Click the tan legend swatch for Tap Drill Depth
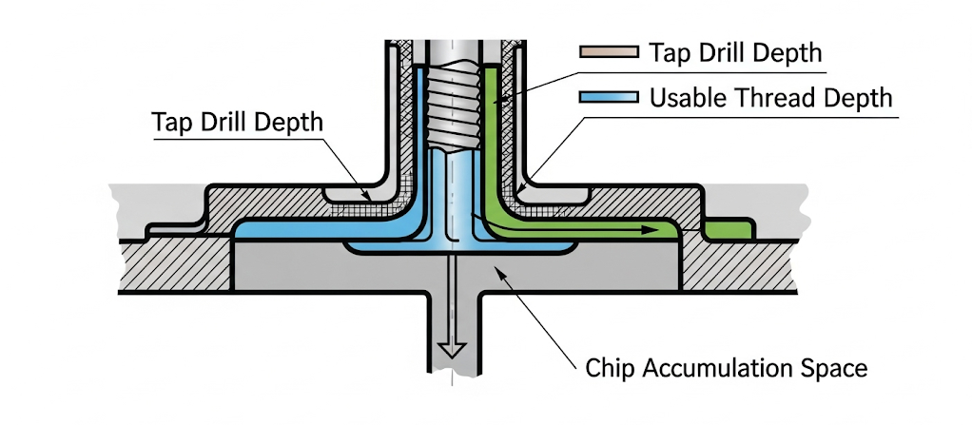pos(607,53)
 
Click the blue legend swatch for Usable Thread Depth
pos(607,98)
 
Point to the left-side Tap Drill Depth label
pos(237,123)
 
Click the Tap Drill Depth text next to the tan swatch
pos(735,53)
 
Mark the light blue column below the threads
pos(453,190)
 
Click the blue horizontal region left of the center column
pos(314,231)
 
